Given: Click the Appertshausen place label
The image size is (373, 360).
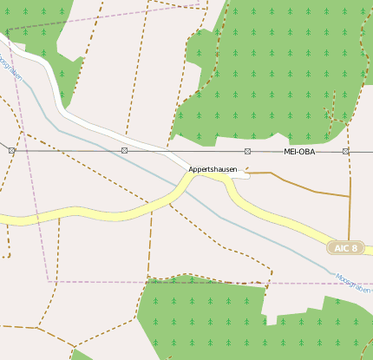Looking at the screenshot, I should (213, 169).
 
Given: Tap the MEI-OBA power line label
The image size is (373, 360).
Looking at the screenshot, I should (299, 152).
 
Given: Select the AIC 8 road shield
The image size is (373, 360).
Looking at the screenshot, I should (344, 248).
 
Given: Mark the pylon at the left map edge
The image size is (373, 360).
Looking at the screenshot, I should (11, 151).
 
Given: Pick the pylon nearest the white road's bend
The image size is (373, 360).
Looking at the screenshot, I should (125, 151).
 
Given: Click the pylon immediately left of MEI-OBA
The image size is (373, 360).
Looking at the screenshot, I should (247, 152).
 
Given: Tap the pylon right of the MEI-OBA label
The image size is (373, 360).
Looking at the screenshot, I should (345, 152).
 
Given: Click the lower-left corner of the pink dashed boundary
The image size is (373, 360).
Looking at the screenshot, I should (48, 281).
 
